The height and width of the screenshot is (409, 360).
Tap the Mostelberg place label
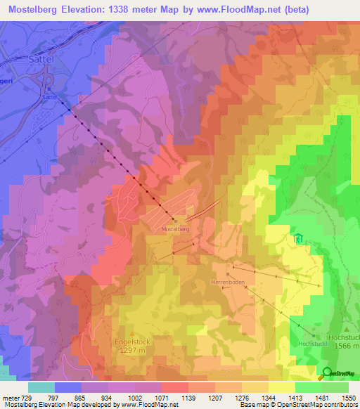176,229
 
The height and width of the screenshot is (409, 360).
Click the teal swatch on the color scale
41,387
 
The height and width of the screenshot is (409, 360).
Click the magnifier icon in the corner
328,373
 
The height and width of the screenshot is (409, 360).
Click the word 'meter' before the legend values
11,398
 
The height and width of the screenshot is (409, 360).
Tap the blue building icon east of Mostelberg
297,239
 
